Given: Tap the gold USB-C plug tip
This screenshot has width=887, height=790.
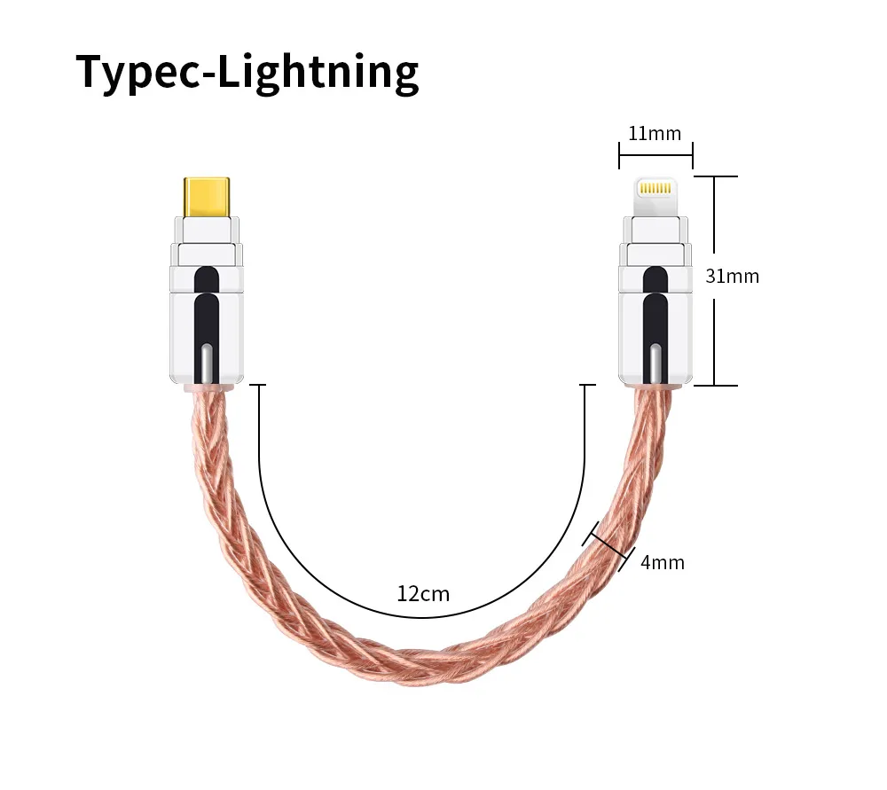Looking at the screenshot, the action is click(208, 197).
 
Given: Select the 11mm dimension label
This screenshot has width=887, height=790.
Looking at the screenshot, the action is click(655, 134).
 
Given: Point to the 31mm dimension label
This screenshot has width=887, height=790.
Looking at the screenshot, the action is click(732, 276).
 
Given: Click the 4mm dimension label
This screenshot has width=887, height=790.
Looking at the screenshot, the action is click(662, 562).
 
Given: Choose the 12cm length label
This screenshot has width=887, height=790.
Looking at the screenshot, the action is click(423, 593).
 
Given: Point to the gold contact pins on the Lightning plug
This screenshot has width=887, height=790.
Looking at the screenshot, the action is click(655, 189).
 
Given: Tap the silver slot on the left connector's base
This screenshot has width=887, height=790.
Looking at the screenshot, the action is click(206, 364).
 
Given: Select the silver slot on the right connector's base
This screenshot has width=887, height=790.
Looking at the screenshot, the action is click(655, 364).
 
